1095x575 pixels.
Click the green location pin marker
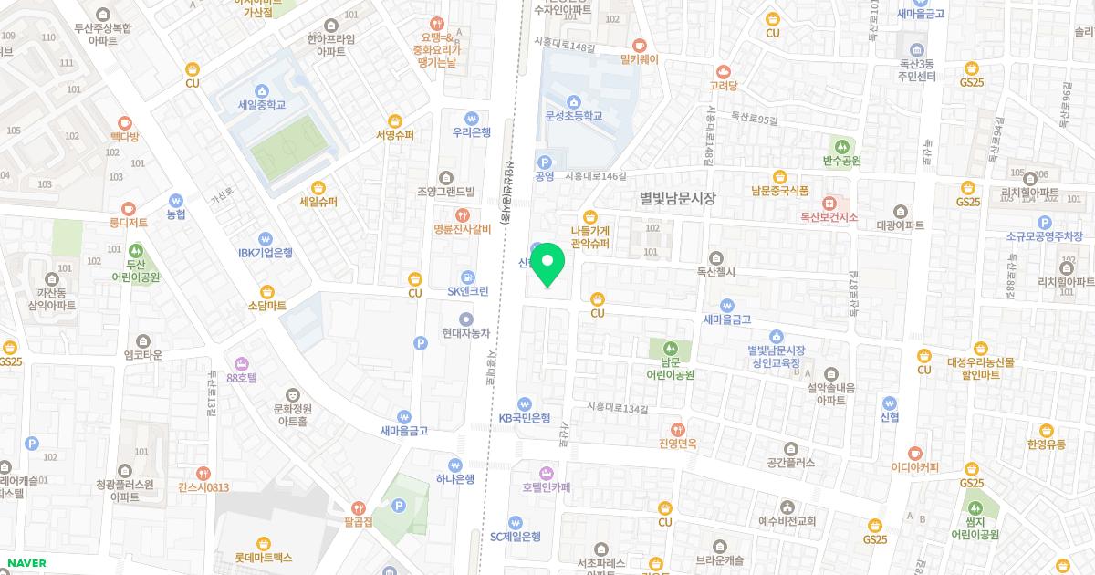[547, 265]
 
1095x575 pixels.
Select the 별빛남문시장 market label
[678, 198]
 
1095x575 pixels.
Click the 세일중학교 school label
[262, 105]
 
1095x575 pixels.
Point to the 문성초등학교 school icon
[574, 101]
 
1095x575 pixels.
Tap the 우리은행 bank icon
[472, 117]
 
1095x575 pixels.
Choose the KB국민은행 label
[525, 418]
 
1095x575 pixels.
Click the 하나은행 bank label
[454, 479]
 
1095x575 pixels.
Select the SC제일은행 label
[516, 537]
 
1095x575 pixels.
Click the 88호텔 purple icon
[242, 362]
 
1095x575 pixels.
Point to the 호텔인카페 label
[547, 487]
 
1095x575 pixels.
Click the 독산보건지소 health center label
[829, 217]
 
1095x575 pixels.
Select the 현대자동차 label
[466, 333]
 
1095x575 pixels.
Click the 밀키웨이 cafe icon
[639, 44]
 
